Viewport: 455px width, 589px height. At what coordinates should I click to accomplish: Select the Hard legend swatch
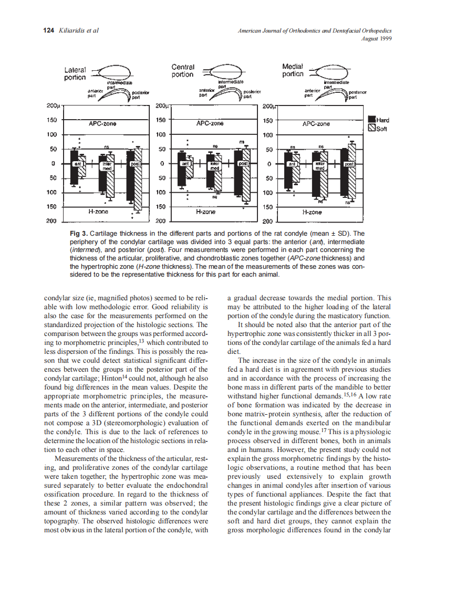click(372, 119)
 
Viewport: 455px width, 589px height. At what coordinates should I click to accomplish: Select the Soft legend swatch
click(372, 127)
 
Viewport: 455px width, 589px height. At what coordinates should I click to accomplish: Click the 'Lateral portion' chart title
click(75, 73)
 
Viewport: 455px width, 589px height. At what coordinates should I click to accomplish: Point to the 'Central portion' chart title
click(183, 71)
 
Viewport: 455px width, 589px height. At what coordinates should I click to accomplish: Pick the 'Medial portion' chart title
click(293, 70)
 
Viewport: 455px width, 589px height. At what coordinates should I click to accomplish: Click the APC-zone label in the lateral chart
click(102, 124)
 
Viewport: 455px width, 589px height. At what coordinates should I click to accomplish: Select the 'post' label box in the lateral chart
click(135, 164)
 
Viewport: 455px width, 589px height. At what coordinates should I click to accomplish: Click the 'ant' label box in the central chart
click(185, 164)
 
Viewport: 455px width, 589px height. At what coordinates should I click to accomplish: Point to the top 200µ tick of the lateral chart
click(54, 106)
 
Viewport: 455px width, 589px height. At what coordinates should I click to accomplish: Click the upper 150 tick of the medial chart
click(268, 120)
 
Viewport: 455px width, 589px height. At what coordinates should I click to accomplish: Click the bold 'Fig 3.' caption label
click(79, 233)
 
